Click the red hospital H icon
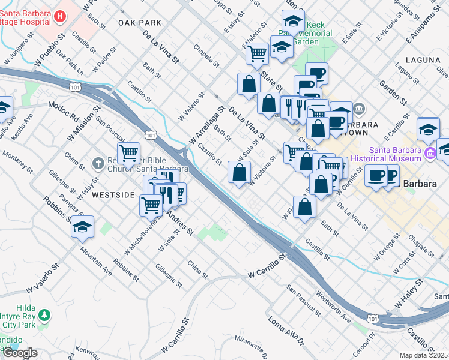(x=59, y=16)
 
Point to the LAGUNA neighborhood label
(x=423, y=60)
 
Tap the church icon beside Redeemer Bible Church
(x=98, y=163)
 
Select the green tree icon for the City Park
(x=44, y=314)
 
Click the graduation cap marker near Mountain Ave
(x=83, y=227)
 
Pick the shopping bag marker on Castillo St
(x=239, y=173)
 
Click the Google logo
(x=20, y=353)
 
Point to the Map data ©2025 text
(x=424, y=355)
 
